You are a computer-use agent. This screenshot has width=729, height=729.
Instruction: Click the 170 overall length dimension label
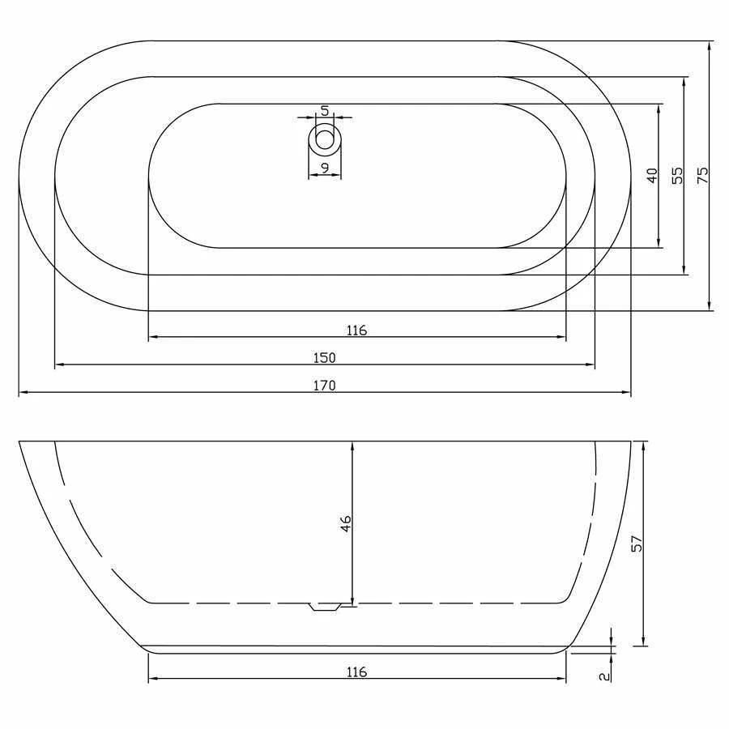[x=324, y=386]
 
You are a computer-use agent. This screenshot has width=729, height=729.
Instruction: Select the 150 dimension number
[x=324, y=358]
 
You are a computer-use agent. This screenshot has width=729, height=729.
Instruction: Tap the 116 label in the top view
[x=356, y=330]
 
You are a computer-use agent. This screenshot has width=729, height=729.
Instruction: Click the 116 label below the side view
[x=356, y=671]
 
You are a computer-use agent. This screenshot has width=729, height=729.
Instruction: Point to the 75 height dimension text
[x=702, y=175]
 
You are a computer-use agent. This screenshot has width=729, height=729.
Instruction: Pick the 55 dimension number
[x=678, y=175]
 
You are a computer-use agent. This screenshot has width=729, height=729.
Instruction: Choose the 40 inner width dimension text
[x=653, y=176]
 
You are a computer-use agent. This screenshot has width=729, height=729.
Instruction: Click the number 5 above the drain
[x=324, y=110]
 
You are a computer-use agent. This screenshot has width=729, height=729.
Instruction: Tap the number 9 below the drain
[x=324, y=168]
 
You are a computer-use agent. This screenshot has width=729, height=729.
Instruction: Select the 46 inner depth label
[x=346, y=523]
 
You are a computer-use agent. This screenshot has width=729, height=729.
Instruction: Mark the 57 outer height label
[x=637, y=543]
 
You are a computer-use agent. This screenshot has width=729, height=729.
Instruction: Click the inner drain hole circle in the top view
[x=325, y=139]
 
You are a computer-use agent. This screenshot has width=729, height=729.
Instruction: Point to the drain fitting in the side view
[x=326, y=607]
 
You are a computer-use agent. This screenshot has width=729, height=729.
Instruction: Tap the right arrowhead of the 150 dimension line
[x=591, y=366]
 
